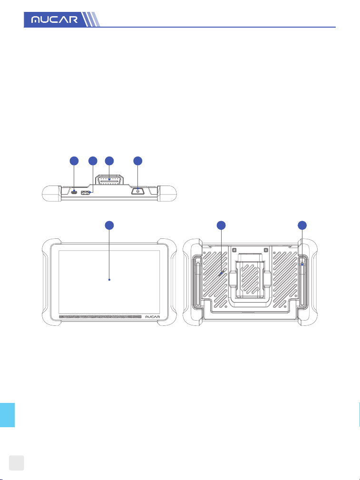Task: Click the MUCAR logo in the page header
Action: click(55, 20)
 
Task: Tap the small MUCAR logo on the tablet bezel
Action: click(152, 316)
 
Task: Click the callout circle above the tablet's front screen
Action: click(109, 225)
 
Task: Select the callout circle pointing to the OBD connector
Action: click(109, 161)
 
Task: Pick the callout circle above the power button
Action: click(138, 161)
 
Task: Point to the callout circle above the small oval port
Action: click(74, 161)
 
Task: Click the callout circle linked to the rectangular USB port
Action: click(93, 161)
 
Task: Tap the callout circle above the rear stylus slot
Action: click(302, 225)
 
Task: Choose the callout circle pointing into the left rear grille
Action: click(221, 225)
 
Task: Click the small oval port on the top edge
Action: click(74, 192)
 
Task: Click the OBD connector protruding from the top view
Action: click(109, 180)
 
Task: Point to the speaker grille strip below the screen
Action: click(100, 316)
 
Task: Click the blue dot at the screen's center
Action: click(109, 280)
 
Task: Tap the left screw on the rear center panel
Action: click(234, 250)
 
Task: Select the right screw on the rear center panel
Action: click(266, 250)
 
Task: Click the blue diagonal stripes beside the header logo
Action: click(91, 20)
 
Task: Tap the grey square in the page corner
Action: click(16, 462)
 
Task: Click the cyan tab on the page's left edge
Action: click(7, 415)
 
